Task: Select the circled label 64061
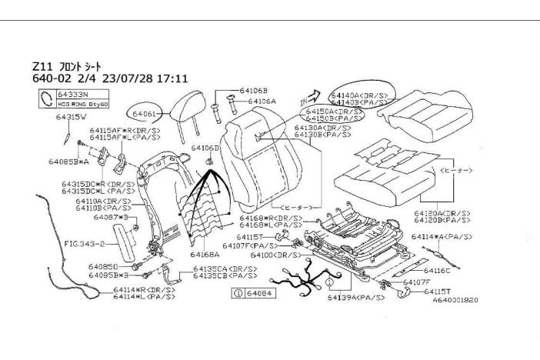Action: click(x=144, y=112)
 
